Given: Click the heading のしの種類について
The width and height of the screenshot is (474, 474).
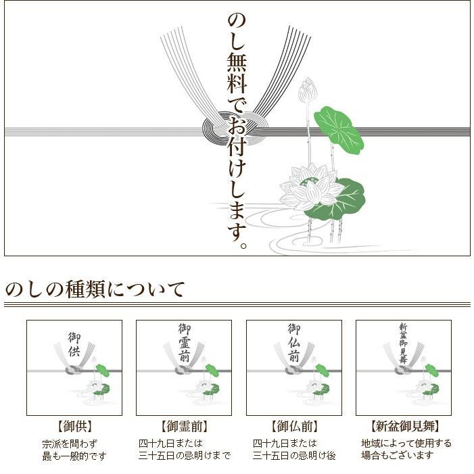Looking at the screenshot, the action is pos(95,289).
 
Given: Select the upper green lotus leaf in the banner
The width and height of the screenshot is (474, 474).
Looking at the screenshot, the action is pos(339,130).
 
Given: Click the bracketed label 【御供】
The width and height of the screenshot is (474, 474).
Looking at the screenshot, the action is pos(74,426).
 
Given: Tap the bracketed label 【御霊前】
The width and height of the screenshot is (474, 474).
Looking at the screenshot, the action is pos(184,426).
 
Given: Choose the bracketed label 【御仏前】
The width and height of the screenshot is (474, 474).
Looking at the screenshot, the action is pos(294,426).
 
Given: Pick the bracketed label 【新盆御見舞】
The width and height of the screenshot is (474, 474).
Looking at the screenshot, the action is pos(404,426).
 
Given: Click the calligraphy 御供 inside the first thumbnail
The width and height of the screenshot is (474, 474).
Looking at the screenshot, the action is pos(74,344).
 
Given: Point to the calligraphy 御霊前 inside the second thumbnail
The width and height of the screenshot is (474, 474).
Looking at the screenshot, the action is pos(184,342).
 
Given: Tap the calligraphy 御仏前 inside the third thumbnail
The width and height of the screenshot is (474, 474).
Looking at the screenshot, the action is pos(294,342).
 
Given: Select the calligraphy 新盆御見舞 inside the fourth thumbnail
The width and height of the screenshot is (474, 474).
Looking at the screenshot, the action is pos(403,343).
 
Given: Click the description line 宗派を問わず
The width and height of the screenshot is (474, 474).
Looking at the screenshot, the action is pos(70,444).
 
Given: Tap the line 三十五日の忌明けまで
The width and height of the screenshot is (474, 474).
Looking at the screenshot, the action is pos(185,455).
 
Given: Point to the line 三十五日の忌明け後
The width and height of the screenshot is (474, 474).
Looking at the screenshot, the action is pos(294,455).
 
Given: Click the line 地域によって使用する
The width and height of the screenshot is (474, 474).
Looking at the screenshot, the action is pos(406,444).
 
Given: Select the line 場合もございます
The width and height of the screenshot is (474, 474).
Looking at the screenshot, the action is pos(397,455).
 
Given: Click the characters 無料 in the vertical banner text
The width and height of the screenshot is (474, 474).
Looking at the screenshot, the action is pos(237,73).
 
